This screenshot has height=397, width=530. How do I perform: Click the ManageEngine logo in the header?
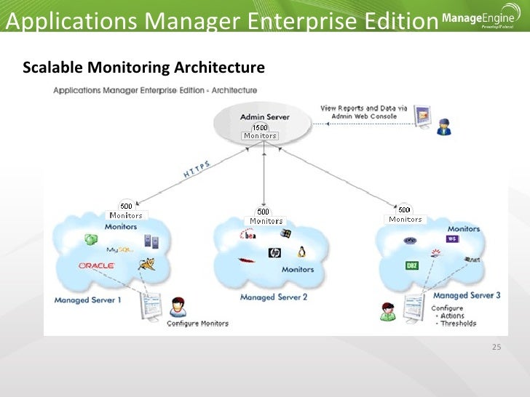(x=477, y=20)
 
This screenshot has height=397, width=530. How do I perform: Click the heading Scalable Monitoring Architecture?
(x=143, y=68)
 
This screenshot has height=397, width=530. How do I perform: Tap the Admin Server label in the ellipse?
(x=264, y=116)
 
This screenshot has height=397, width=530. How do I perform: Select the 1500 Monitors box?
(x=260, y=132)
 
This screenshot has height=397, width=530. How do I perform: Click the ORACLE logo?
(x=96, y=266)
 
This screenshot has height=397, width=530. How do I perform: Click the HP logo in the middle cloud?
(x=274, y=253)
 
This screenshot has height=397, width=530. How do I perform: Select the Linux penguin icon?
(x=300, y=252)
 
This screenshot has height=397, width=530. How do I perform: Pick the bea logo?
(x=248, y=235)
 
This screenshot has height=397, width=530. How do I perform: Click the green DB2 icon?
(x=412, y=265)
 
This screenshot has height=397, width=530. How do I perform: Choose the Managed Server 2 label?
(x=273, y=297)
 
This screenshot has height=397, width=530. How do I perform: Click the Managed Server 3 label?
(x=467, y=296)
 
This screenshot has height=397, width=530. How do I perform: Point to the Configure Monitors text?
(x=197, y=324)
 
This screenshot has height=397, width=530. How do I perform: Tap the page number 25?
(x=497, y=347)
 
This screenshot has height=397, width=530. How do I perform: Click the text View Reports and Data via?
(x=359, y=108)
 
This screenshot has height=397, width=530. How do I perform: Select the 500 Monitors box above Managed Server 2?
(x=266, y=216)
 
